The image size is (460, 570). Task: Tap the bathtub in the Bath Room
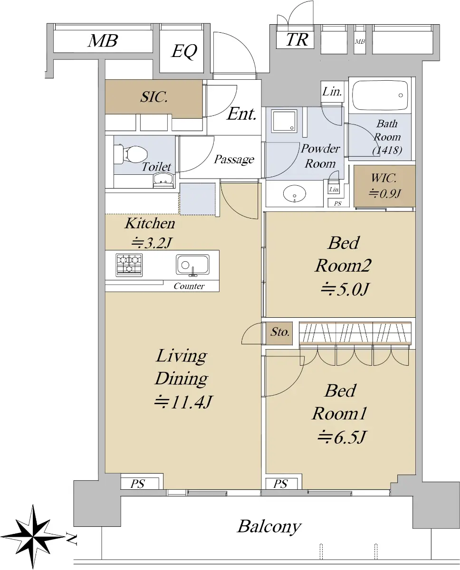[380, 95]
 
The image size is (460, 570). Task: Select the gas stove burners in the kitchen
[129, 265]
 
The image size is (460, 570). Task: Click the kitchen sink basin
[192, 265]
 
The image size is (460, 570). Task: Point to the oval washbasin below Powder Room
[294, 194]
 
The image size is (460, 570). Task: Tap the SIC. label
[154, 97]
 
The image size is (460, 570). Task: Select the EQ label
[184, 51]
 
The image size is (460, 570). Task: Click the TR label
[297, 40]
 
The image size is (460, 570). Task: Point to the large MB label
[103, 41]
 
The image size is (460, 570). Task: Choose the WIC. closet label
[383, 178]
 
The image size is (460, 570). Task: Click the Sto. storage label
[279, 332]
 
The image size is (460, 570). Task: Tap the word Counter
[189, 286]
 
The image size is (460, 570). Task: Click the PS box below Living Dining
[140, 484]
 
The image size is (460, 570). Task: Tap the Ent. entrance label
[242, 114]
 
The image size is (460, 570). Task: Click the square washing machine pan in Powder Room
[284, 121]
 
